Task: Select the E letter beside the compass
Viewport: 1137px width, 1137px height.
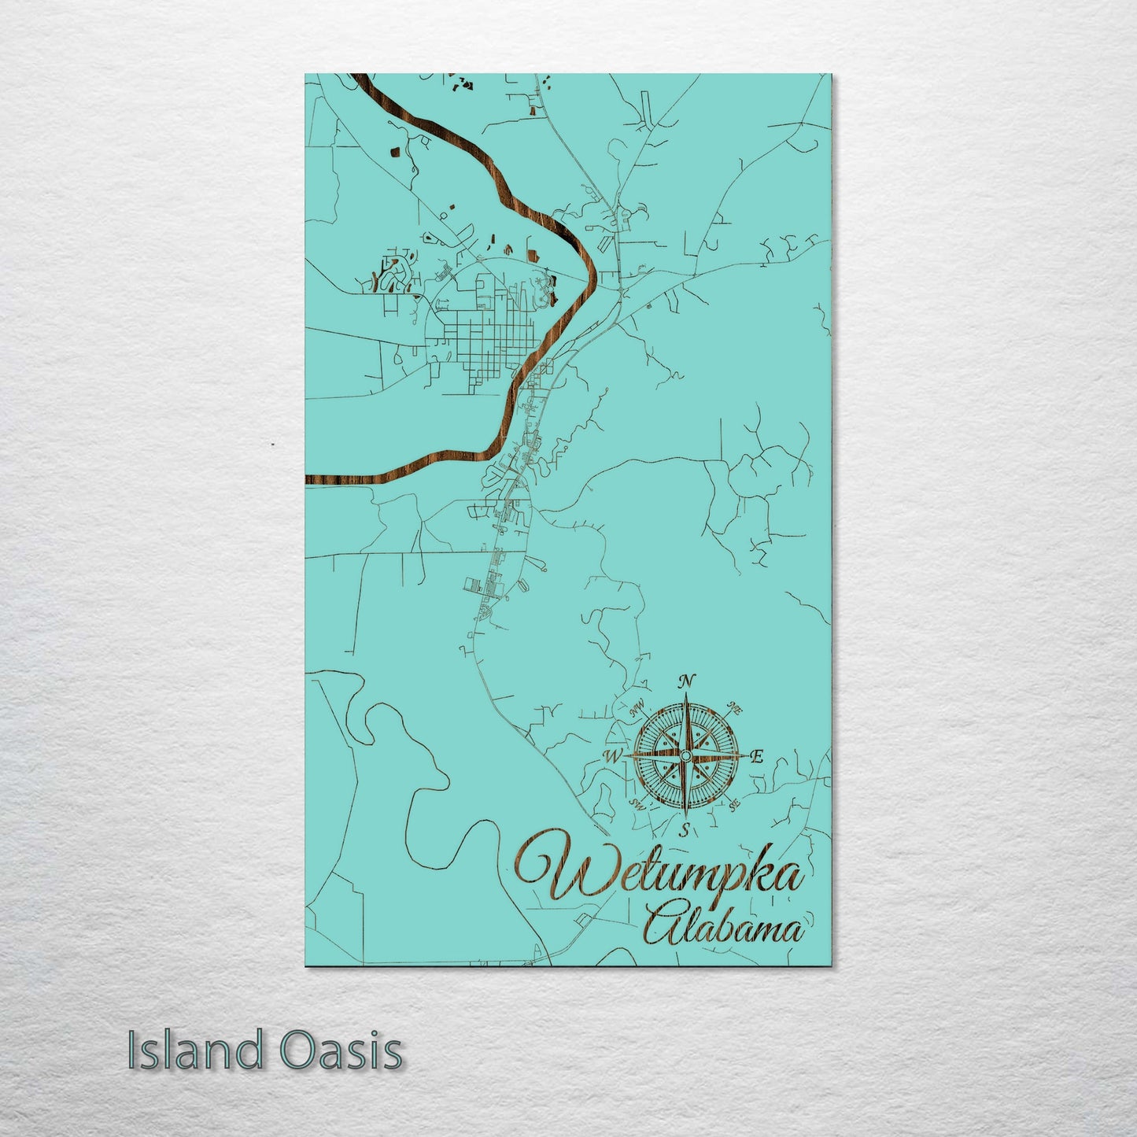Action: click(756, 758)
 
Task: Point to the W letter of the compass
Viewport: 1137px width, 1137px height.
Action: click(611, 756)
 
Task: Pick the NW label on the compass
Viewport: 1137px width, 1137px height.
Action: click(637, 711)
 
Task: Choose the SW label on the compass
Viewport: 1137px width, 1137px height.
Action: click(638, 806)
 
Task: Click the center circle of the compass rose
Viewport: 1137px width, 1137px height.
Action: click(685, 755)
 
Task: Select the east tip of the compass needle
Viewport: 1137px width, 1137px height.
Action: click(745, 755)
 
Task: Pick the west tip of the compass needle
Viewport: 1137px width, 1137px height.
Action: click(626, 756)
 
